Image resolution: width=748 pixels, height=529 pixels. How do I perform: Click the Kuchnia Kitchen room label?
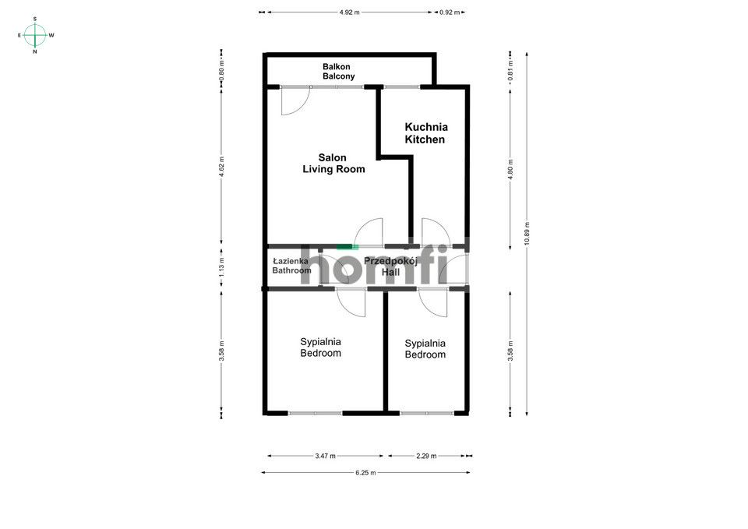(425, 133)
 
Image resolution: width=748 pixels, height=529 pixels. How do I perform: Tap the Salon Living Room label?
(333, 164)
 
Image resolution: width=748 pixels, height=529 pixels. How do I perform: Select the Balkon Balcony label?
(339, 72)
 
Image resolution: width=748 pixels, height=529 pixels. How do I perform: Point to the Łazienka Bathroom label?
(291, 266)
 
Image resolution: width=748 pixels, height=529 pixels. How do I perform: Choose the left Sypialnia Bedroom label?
(321, 347)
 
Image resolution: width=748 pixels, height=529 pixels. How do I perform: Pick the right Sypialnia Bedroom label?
(425, 348)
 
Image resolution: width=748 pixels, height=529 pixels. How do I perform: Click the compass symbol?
(35, 35)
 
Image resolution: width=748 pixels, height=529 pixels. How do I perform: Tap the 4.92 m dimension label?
(350, 12)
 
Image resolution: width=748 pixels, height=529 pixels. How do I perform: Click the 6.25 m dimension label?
(365, 472)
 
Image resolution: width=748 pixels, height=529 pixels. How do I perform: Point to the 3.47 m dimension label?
(325, 456)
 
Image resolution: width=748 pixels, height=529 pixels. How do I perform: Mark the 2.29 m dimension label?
(426, 456)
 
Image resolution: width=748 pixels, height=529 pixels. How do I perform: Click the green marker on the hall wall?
(344, 247)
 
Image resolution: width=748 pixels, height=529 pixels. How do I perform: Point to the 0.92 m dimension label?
(450, 12)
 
